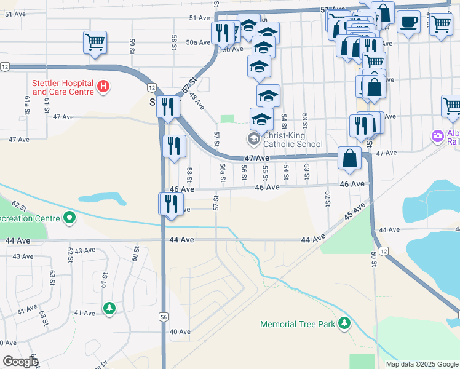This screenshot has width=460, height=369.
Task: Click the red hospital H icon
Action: (x=103, y=88)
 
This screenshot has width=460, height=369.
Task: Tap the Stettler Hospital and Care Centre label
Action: (x=63, y=88)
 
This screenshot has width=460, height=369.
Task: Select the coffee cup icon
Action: (x=408, y=23)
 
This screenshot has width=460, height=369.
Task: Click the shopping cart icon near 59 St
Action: (x=95, y=43)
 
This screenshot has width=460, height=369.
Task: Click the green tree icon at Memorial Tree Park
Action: (x=344, y=323)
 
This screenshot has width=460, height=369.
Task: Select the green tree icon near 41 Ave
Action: (x=109, y=307)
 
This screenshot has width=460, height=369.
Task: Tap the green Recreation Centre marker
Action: (x=69, y=218)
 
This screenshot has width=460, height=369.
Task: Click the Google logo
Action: (x=20, y=361)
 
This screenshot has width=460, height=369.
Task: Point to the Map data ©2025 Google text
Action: (x=421, y=364)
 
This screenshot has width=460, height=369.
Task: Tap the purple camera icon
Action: (x=438, y=135)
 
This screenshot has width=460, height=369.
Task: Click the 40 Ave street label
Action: (x=180, y=332)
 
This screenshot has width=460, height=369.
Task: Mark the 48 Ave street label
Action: (x=197, y=99)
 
